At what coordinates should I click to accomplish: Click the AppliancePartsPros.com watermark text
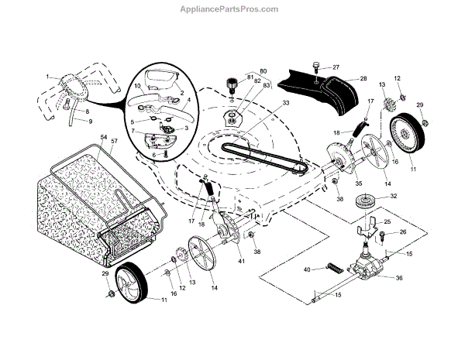tap(232, 10)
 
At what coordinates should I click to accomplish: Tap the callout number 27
tap(336, 67)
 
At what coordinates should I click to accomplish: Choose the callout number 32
tap(394, 197)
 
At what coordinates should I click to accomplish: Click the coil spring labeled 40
tap(334, 268)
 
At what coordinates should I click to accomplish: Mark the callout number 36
tap(400, 279)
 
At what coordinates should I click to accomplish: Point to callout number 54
tap(104, 137)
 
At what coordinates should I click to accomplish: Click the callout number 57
tap(115, 141)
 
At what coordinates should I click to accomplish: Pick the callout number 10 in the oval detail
tap(137, 85)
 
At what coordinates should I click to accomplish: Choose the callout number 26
tap(402, 232)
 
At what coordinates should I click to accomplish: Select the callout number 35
tap(336, 183)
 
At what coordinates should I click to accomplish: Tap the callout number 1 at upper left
tap(47, 77)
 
